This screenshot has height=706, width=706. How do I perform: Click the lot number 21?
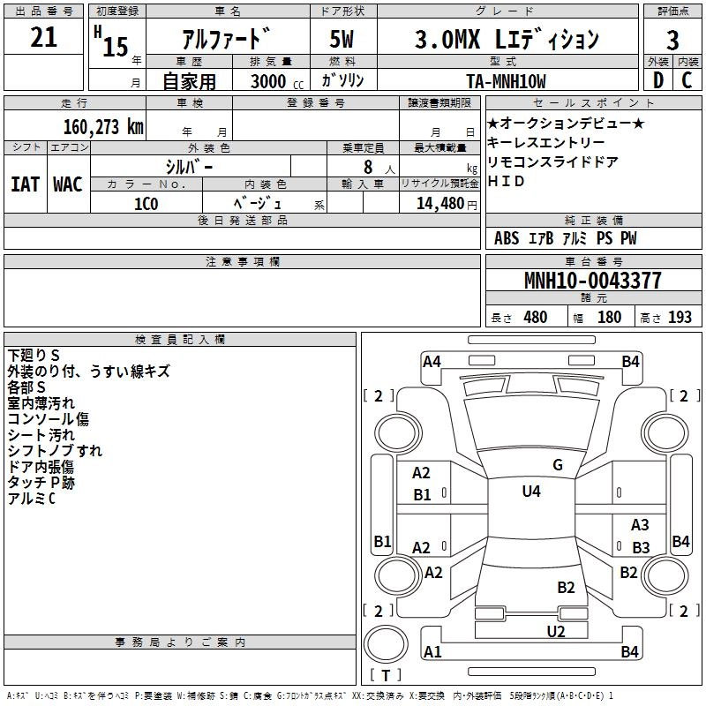(x=43, y=38)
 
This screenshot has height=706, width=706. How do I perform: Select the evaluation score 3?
(x=672, y=41)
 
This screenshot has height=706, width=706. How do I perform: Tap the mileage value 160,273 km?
(x=103, y=126)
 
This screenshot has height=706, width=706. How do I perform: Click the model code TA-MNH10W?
(x=506, y=81)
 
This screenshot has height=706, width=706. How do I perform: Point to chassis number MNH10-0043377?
(x=592, y=282)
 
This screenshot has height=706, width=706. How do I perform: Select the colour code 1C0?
(x=146, y=203)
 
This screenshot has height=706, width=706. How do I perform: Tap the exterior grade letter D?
(x=657, y=80)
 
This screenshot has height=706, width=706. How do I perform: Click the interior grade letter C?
(x=687, y=80)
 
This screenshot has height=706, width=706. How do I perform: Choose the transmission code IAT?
(x=25, y=184)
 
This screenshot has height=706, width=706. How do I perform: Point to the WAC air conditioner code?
(x=68, y=184)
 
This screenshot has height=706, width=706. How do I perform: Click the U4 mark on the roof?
(x=530, y=491)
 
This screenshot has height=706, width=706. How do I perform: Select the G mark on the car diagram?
(x=557, y=465)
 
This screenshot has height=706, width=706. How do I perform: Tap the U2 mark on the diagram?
(x=555, y=631)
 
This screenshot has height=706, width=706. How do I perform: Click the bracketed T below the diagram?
(x=385, y=676)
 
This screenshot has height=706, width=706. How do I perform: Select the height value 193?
(x=680, y=318)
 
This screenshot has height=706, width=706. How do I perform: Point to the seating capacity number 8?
(x=367, y=166)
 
